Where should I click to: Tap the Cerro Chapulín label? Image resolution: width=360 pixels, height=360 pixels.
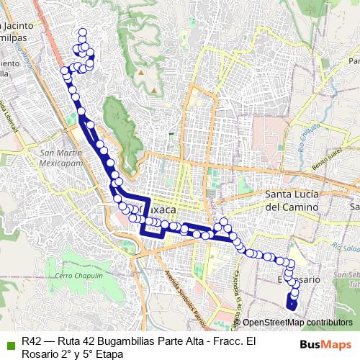(76, 276)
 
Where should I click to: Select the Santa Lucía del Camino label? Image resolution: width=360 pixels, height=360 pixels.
(292, 200)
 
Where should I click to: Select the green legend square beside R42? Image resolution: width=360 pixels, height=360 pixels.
(9, 342)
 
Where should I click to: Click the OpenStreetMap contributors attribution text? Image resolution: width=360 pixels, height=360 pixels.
(297, 322)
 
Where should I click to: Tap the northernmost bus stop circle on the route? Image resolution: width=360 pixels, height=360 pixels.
(83, 32)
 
